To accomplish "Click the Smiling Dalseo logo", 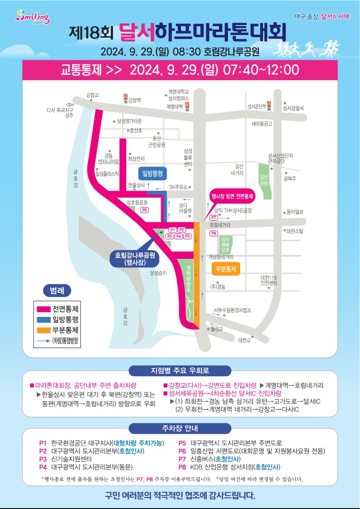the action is pos(33,18).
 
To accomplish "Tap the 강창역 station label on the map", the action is pos(135,100).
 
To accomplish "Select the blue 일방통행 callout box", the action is pos(153,173).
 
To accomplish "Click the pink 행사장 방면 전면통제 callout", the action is pos(232,196).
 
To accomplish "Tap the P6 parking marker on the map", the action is pos(145,210).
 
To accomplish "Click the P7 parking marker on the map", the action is pos(214,218).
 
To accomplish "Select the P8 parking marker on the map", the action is pos(214,233).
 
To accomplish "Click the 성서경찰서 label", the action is pos(293,108).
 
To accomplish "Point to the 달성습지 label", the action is pos(158,273).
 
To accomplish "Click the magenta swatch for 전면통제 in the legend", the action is pos(44,309).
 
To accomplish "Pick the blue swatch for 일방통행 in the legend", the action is pos(44,320).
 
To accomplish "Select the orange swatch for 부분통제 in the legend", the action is pos(44,330).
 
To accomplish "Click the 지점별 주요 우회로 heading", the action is pos(180,371).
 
